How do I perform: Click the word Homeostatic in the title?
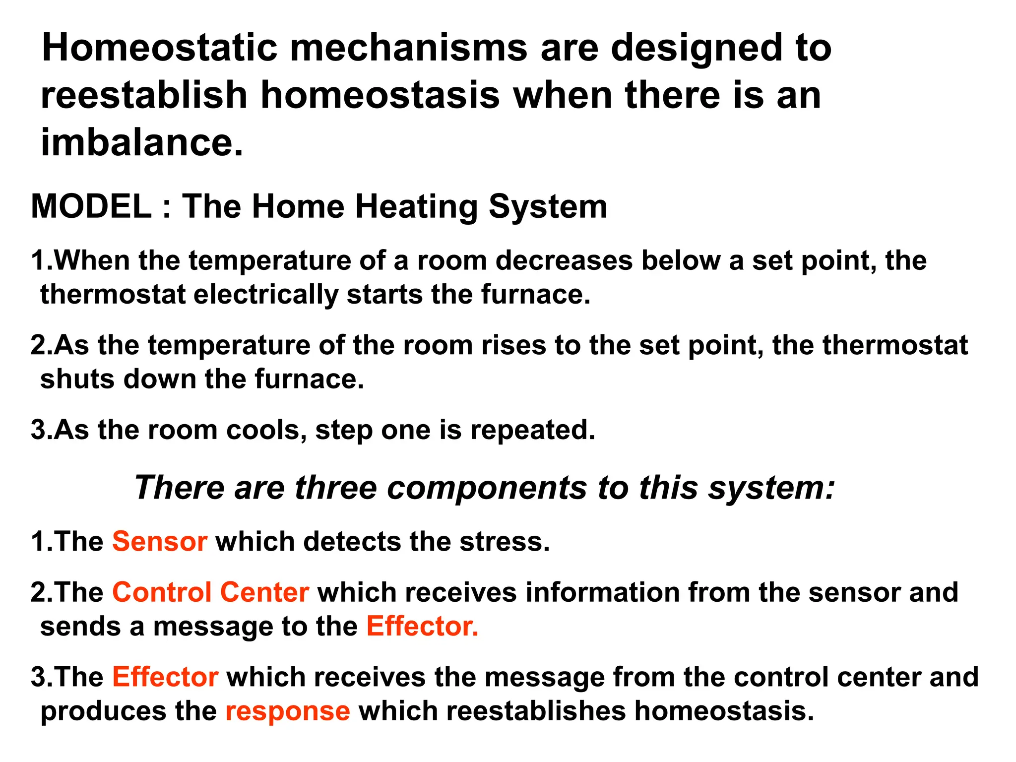(159, 48)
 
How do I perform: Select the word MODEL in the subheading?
(91, 206)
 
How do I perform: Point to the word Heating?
(416, 207)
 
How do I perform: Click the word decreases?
(564, 260)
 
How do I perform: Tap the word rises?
(513, 345)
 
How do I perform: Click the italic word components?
(487, 488)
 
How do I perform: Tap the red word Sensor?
(160, 541)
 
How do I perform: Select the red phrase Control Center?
(211, 592)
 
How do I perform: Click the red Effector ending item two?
(422, 626)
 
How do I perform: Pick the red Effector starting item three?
(165, 677)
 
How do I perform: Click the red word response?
(288, 711)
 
